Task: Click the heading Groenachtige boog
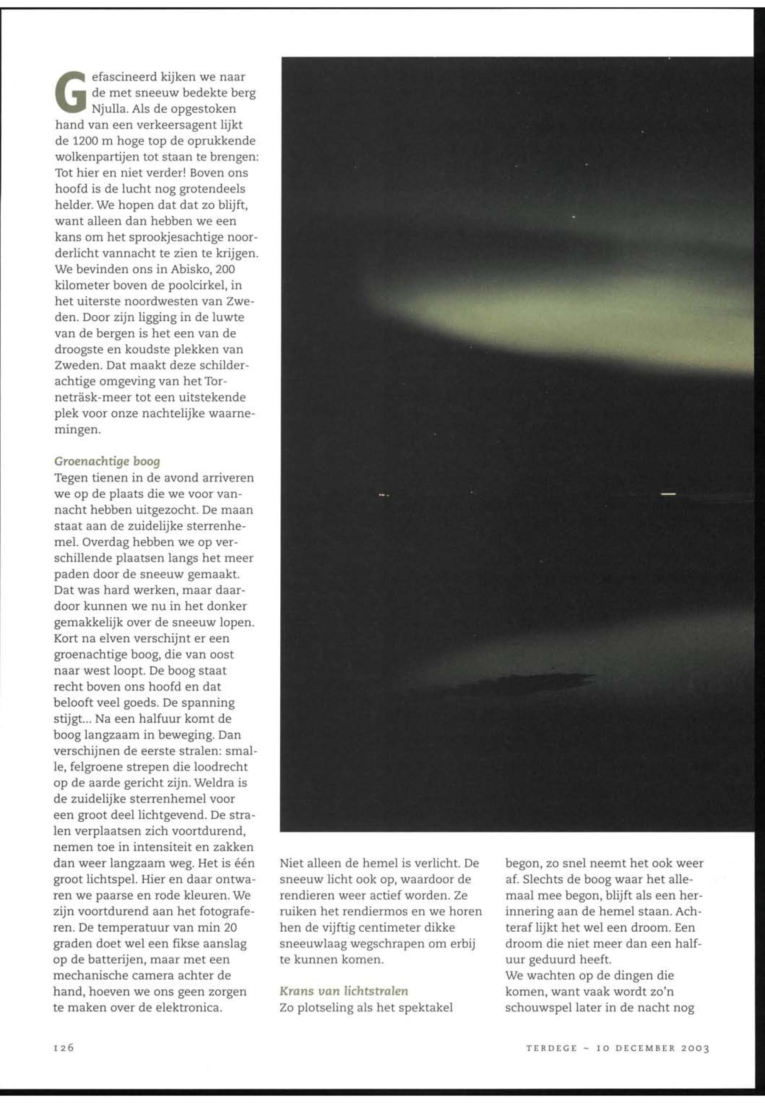(107, 461)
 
